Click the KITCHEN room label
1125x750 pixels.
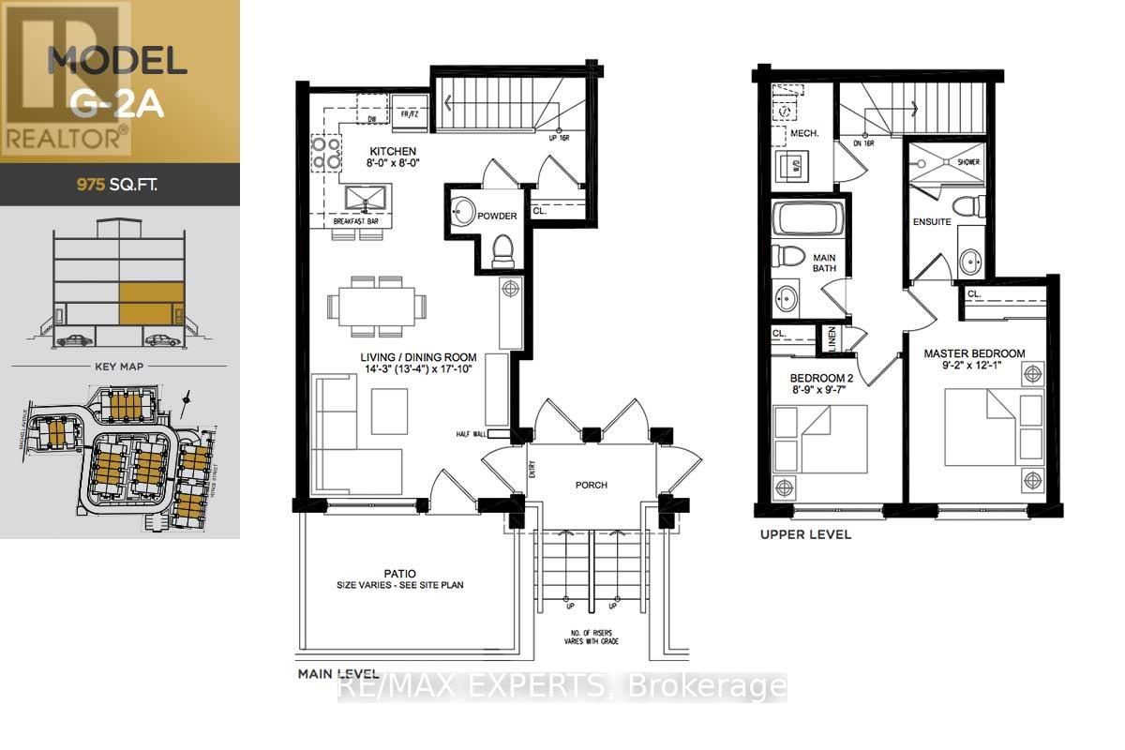pos(392,151)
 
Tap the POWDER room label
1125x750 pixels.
pos(497,216)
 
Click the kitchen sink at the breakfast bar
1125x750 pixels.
pos(361,199)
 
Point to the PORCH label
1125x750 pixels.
pos(591,485)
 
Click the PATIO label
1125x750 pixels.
pos(400,573)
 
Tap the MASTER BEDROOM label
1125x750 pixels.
pos(974,353)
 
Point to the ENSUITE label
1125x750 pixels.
pos(932,222)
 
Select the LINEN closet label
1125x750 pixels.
pos(830,338)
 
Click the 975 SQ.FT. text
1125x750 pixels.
pos(116,185)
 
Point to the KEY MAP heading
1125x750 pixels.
pos(118,368)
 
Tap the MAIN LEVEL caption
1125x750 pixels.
pos(337,674)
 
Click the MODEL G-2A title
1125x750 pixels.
pos(118,81)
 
